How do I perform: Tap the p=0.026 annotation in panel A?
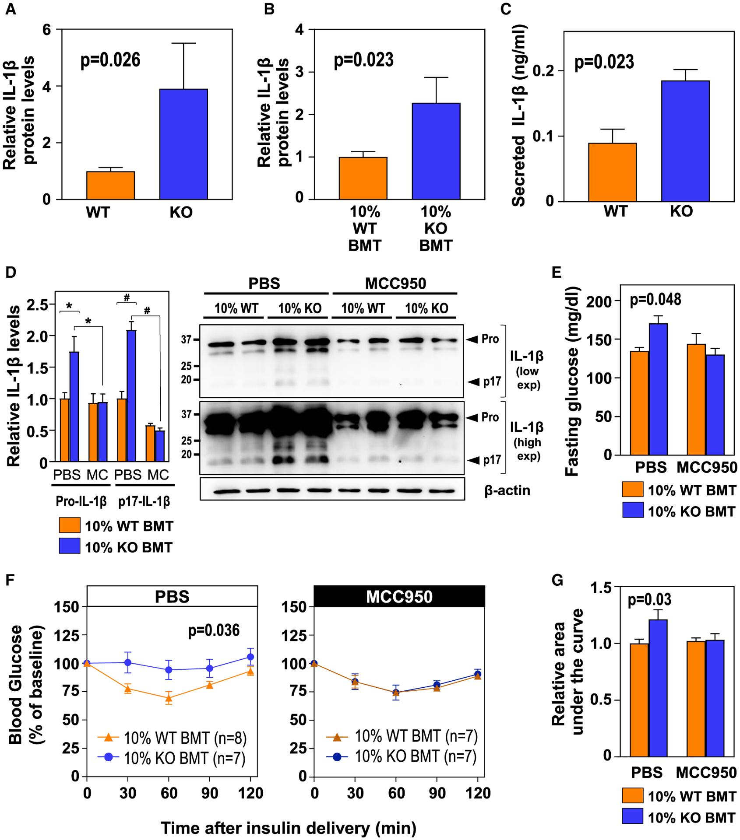pyautogui.click(x=110, y=60)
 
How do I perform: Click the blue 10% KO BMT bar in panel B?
pyautogui.click(x=436, y=151)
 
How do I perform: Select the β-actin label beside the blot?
pyautogui.click(x=507, y=490)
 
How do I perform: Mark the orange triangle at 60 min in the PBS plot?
pyautogui.click(x=169, y=698)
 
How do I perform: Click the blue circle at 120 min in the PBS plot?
pyautogui.click(x=250, y=657)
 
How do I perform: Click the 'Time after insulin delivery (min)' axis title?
pyautogui.click(x=288, y=828)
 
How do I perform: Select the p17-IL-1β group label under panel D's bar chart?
pyautogui.click(x=144, y=502)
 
